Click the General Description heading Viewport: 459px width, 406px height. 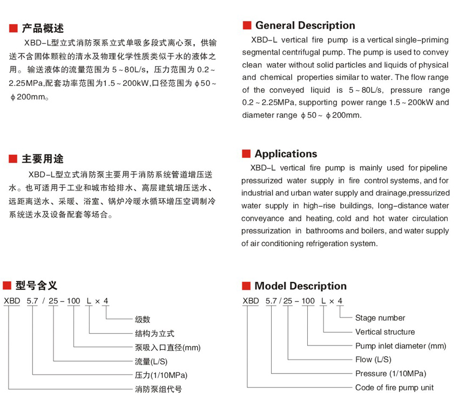[x=305, y=25]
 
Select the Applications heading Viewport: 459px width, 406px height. [x=286, y=154]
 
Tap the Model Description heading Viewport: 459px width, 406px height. [x=300, y=286]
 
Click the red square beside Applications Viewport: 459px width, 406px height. [x=246, y=154]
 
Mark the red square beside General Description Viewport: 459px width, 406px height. [x=247, y=25]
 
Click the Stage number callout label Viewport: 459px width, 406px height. [x=380, y=318]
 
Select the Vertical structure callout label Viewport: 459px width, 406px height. [x=385, y=332]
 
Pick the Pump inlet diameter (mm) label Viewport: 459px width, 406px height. [x=401, y=346]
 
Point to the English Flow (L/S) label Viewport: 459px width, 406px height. [x=373, y=360]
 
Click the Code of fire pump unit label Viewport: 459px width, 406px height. [x=394, y=388]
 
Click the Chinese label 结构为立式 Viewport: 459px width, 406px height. [x=154, y=334]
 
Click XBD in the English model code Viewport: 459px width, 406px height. [x=251, y=301]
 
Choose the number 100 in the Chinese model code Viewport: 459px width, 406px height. [x=73, y=301]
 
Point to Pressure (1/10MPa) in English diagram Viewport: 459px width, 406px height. [x=390, y=374]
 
